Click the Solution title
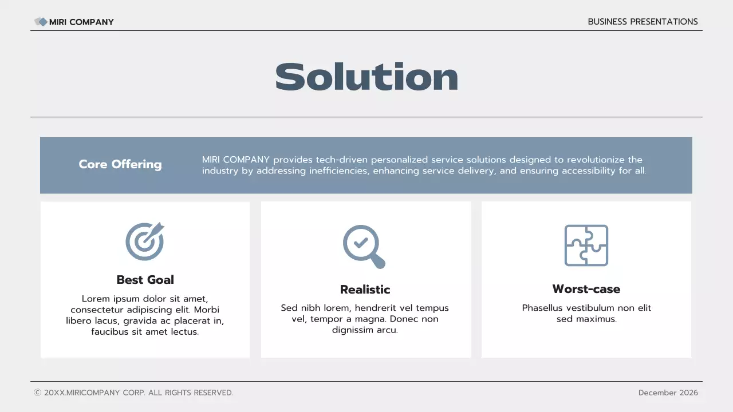pyautogui.click(x=366, y=77)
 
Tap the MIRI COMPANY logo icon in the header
pyautogui.click(x=41, y=22)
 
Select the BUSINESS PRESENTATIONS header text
pyautogui.click(x=643, y=22)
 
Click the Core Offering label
pyautogui.click(x=120, y=164)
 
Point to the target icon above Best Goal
pyautogui.click(x=144, y=241)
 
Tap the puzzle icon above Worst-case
pyautogui.click(x=586, y=245)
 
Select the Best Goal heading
pyautogui.click(x=145, y=280)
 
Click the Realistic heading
pyautogui.click(x=365, y=290)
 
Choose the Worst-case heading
pyautogui.click(x=586, y=289)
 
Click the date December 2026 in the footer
pyautogui.click(x=668, y=393)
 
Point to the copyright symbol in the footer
pyautogui.click(x=38, y=393)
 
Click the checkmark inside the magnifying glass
pyautogui.click(x=361, y=243)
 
